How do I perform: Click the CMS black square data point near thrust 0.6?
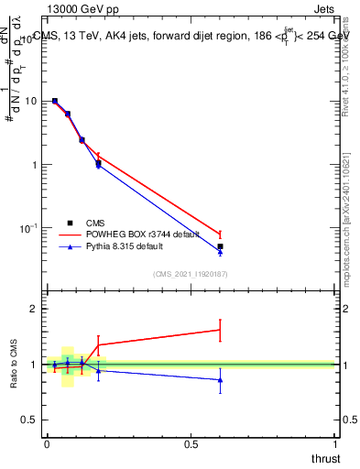point(220,246)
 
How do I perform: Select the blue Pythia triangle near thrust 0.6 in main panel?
point(220,252)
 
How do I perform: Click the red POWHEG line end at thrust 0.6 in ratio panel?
point(220,330)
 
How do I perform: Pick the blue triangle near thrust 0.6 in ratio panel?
point(220,379)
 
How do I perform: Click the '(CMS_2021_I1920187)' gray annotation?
point(190,273)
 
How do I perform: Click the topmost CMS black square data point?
point(55,101)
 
